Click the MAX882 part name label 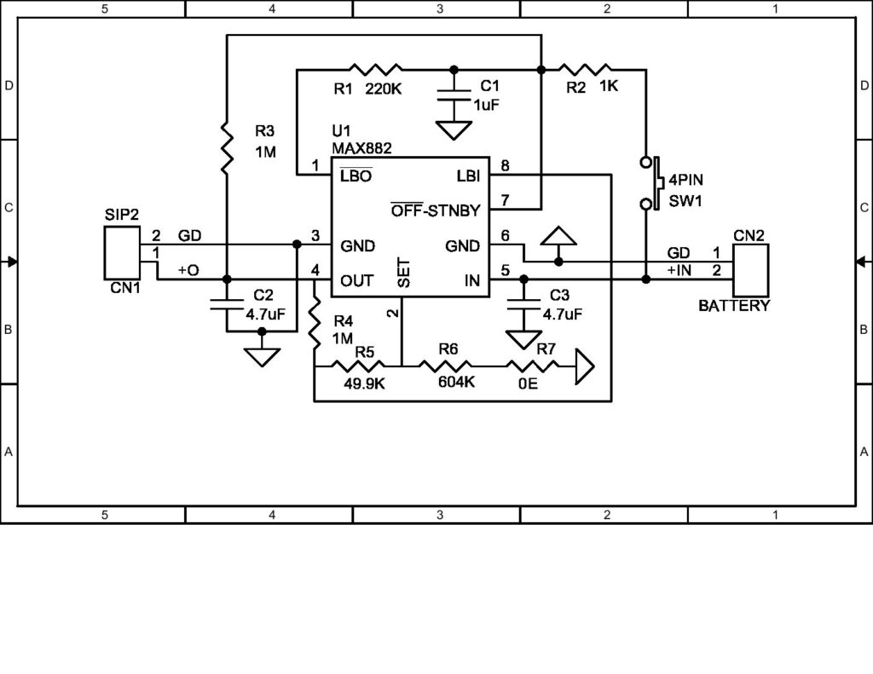(361, 147)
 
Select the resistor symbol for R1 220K (375, 69)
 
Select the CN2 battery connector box (749, 268)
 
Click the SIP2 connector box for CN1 (122, 252)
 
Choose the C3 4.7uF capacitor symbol (523, 302)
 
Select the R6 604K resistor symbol (448, 366)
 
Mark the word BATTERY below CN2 (734, 305)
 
